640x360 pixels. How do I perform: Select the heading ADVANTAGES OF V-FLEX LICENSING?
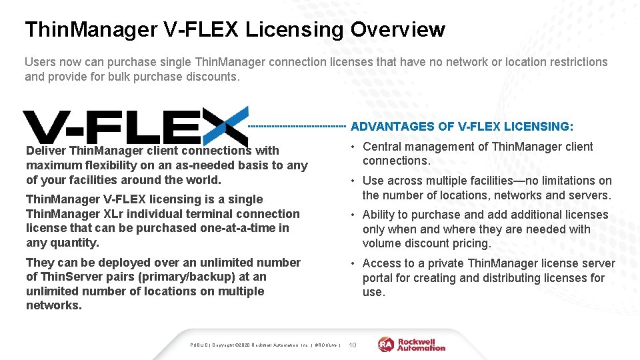[x=461, y=126]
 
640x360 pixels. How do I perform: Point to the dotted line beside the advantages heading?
[x=297, y=125]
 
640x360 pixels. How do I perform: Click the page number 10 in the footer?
[x=353, y=345]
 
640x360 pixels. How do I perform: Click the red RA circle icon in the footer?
[x=386, y=344]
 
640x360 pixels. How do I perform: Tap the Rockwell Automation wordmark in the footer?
[x=421, y=344]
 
